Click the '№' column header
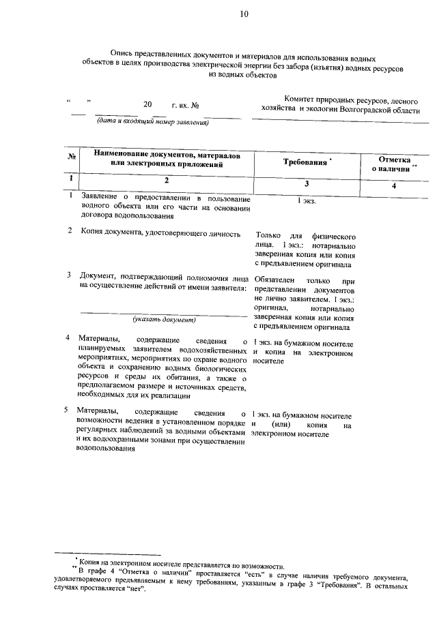tap(71, 157)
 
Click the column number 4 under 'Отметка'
tap(394, 185)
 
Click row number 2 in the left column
tap(70, 231)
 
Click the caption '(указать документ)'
tap(165, 319)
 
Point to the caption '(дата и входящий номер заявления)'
tap(152, 123)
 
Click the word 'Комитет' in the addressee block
tap(302, 99)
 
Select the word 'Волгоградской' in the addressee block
tap(358, 108)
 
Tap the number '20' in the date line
tap(148, 105)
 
